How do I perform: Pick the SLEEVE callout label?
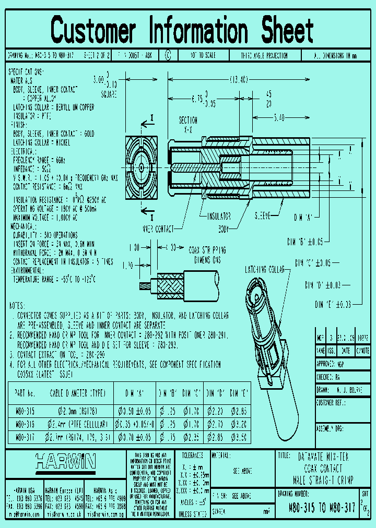[262, 215]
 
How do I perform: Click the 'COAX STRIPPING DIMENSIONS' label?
[208, 255]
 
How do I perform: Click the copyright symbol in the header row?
[167, 54]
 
